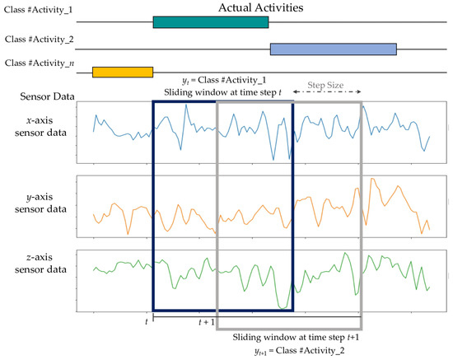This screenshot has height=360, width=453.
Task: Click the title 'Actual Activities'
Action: pyautogui.click(x=261, y=8)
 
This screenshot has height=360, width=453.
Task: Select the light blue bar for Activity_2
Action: pyautogui.click(x=334, y=49)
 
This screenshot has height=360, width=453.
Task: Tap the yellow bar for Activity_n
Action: pyautogui.click(x=123, y=72)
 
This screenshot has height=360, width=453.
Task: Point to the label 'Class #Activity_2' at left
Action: pyautogui.click(x=38, y=39)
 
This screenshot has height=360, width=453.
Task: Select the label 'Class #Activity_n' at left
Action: pyautogui.click(x=38, y=63)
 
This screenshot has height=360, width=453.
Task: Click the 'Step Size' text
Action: pyautogui.click(x=326, y=84)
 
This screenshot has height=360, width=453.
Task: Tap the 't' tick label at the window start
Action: pyautogui.click(x=147, y=321)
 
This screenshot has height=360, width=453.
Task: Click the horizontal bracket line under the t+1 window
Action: pyautogui.click(x=288, y=318)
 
